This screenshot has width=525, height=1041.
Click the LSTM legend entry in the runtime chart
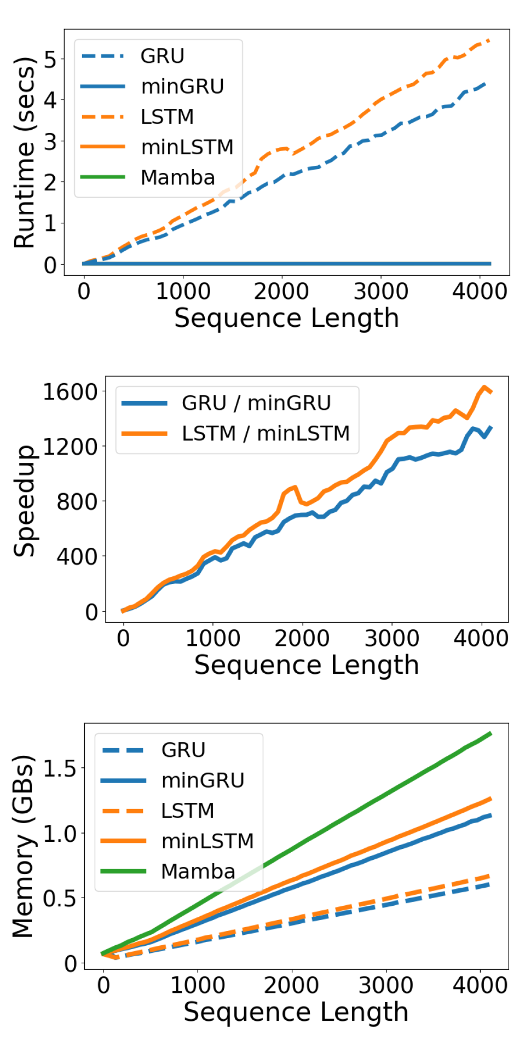click(x=167, y=117)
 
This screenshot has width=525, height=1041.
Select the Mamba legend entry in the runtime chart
click(x=177, y=178)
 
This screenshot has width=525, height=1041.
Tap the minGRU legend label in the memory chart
click(x=203, y=780)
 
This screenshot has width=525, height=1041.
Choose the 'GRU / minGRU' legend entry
click(x=256, y=403)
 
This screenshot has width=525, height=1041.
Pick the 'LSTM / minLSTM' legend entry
click(x=266, y=433)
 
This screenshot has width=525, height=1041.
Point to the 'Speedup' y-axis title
click(x=25, y=500)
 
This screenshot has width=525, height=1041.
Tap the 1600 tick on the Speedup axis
click(x=70, y=392)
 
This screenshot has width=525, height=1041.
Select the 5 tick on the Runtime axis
click(x=50, y=59)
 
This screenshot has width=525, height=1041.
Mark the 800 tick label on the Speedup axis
click(x=77, y=501)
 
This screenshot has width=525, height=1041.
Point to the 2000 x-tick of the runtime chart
click(x=281, y=291)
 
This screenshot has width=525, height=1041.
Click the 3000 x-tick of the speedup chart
click(x=392, y=638)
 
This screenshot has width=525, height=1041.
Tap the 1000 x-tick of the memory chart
click(x=198, y=986)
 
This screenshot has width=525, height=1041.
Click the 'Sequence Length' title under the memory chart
click(x=296, y=1012)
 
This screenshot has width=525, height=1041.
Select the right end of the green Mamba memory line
click(x=490, y=733)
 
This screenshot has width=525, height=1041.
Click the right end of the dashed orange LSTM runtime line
click(x=488, y=41)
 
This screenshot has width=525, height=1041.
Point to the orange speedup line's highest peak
click(x=484, y=388)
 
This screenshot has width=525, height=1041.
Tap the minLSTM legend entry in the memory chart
click(x=207, y=841)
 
